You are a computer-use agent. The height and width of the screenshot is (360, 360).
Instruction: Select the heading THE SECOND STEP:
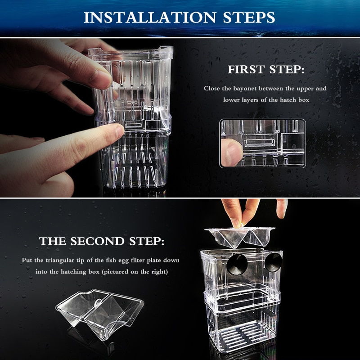[x=101, y=241]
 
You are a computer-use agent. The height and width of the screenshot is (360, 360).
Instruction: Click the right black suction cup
[x=273, y=262]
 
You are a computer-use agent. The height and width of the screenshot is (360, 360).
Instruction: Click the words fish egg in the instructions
[x=121, y=260]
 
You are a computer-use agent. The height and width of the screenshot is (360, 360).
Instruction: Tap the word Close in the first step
[x=212, y=89]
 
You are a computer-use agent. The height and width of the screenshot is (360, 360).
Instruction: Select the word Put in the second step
[x=27, y=260]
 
